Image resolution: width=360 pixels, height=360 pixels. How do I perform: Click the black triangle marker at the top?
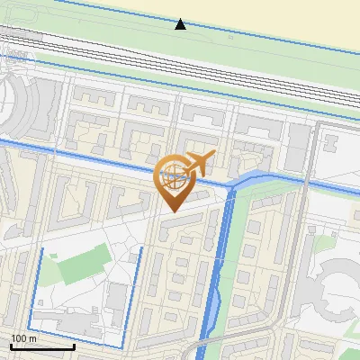181,24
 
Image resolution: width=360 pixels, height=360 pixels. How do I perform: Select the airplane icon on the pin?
197,165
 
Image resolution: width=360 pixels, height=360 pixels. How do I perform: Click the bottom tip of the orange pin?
171,211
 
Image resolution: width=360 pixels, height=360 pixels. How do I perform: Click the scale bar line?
41,346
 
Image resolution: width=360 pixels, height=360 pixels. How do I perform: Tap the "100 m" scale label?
24,338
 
